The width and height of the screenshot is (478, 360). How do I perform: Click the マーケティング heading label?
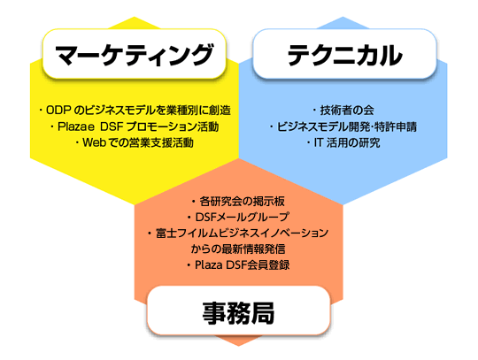[x=135, y=55]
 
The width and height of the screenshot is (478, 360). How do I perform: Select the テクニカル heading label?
[x=345, y=55]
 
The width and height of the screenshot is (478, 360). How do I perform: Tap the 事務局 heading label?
[x=238, y=313]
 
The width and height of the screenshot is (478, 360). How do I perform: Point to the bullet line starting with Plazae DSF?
[x=135, y=126]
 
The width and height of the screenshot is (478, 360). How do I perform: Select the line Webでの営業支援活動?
[x=135, y=142]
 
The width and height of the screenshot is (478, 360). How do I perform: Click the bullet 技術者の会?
[x=343, y=111]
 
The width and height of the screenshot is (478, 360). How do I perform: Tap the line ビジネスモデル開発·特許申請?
[x=343, y=126]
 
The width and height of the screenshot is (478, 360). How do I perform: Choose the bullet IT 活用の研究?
[x=343, y=142]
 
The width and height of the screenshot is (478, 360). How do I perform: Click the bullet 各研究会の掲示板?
[x=238, y=202]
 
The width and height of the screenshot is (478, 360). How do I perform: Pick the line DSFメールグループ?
[x=238, y=218]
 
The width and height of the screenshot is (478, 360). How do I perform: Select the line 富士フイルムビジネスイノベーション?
[x=238, y=233]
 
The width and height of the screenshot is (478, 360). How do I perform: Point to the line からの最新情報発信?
[x=238, y=249]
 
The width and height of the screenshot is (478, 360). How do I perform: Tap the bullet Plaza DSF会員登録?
[x=238, y=265]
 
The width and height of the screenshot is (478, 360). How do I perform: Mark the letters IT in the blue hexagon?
[x=319, y=142]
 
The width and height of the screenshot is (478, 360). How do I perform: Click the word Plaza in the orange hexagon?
[x=209, y=265]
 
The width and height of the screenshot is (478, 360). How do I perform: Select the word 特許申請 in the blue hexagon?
[x=396, y=126]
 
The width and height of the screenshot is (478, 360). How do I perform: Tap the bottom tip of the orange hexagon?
[x=238, y=346]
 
